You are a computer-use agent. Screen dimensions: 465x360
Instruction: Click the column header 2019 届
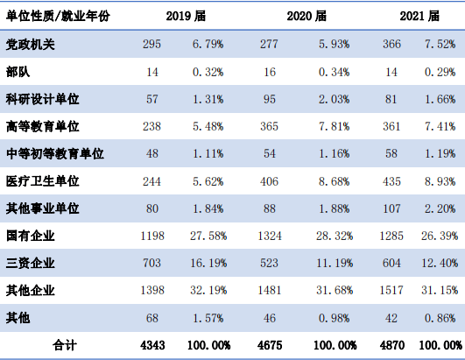point(186,16)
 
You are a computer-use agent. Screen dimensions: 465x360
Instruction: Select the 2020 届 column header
point(306,16)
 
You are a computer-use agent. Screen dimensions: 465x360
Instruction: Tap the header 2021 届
point(419,16)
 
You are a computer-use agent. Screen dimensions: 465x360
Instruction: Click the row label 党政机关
point(31,45)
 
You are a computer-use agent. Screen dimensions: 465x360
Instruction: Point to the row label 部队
point(18,72)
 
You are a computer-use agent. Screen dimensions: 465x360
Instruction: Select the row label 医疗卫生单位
point(42,181)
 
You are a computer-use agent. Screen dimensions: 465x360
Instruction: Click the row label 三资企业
point(31,263)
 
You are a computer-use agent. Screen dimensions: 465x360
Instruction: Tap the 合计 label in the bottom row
point(65,345)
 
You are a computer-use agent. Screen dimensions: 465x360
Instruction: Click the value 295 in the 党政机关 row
point(151,44)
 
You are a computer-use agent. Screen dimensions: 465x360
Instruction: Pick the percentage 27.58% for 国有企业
point(208,236)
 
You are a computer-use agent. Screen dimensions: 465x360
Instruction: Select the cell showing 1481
point(270,290)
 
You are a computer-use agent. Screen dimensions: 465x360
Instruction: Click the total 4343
point(152,345)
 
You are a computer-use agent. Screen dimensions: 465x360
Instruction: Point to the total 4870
point(392,345)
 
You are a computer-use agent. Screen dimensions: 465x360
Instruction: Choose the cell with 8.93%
point(440,181)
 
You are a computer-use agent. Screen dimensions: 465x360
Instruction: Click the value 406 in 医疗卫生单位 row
point(269,181)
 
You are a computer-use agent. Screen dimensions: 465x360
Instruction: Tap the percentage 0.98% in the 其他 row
point(335,318)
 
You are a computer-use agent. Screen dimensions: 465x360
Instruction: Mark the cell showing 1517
point(391,290)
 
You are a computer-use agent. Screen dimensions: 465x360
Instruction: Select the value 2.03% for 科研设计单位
point(335,99)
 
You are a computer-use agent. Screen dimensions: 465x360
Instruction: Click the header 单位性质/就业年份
point(58,16)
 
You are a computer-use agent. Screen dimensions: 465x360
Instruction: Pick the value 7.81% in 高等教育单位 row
point(335,127)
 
